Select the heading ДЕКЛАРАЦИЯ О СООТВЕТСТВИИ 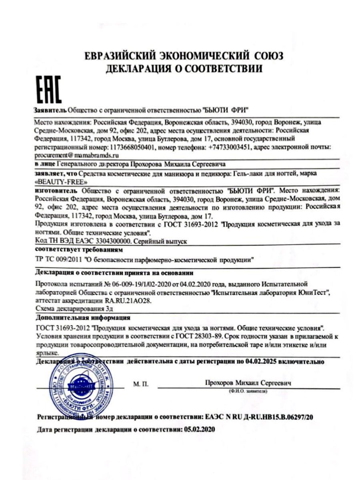(184, 68)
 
